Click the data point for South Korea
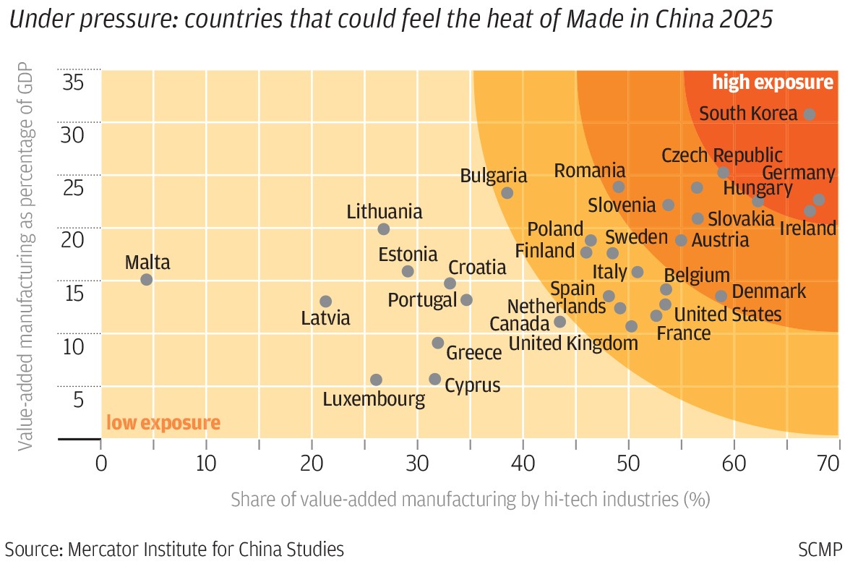coord(810,114)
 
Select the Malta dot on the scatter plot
coord(146,279)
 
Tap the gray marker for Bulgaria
coord(507,192)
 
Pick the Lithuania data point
coord(383,229)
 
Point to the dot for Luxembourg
coord(376,380)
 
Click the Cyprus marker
coord(434,379)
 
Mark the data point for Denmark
coord(721,296)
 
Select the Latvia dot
coord(325,301)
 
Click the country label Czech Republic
coord(721,155)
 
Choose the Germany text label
coord(798,174)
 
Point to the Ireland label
coord(808,228)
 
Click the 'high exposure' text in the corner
coord(772,82)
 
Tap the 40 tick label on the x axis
coord(523,463)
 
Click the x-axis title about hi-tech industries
coord(470,499)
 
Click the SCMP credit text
coord(820,548)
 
